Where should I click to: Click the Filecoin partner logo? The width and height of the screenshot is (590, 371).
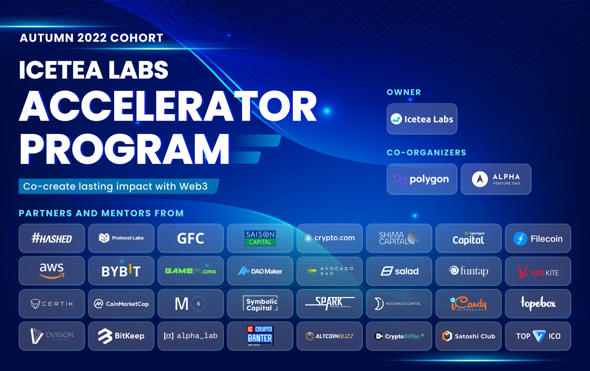tap(538, 239)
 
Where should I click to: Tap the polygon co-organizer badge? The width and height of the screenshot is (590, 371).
tap(422, 179)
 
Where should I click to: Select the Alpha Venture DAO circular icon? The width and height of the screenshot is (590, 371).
tap(480, 179)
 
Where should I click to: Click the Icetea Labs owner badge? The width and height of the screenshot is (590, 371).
tap(422, 119)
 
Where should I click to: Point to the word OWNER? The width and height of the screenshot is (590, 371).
tap(404, 92)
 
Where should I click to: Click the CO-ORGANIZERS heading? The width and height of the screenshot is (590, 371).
tap(426, 153)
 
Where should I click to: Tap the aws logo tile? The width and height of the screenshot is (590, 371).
tap(52, 271)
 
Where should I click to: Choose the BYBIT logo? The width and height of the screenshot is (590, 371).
tap(121, 271)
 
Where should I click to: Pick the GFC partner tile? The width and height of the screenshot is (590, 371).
tap(190, 238)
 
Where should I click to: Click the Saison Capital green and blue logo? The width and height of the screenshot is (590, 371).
tap(260, 238)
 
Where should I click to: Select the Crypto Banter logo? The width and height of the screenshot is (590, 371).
tap(260, 336)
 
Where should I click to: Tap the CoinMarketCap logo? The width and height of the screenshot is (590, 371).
tap(121, 304)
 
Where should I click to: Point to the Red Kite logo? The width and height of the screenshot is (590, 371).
tap(538, 271)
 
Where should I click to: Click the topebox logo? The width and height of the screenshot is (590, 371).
tap(538, 303)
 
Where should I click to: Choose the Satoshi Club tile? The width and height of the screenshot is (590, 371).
tap(468, 336)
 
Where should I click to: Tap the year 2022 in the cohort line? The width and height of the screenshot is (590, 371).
tap(92, 38)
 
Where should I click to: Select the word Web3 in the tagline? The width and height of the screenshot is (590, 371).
tap(193, 187)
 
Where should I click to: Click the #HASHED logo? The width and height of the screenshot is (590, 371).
tap(52, 239)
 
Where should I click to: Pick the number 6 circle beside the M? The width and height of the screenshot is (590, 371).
tap(198, 304)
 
